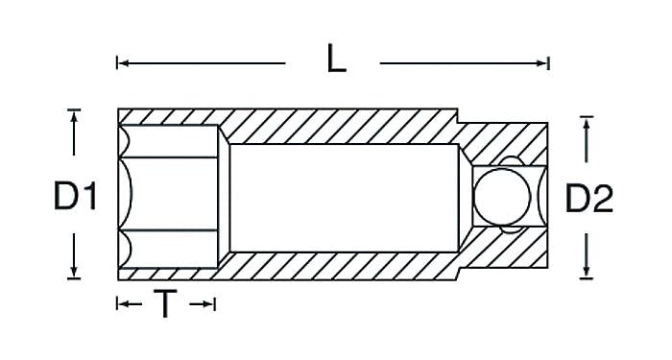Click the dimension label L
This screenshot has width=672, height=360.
tap(336, 59)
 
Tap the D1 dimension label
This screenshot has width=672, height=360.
tap(76, 196)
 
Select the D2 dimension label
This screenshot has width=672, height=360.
tap(589, 198)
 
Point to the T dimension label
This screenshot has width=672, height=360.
tap(165, 303)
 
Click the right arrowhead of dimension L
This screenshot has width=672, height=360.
tap(541, 63)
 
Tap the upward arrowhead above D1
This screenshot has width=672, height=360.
tap(74, 117)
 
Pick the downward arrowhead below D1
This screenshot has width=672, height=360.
tap(74, 272)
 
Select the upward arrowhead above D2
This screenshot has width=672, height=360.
tap(587, 124)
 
